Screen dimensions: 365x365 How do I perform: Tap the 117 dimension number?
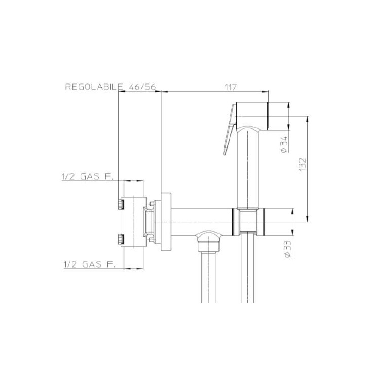point(231,87)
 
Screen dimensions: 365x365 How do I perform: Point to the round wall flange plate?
point(166,223)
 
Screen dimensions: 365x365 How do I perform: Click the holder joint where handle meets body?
point(248,223)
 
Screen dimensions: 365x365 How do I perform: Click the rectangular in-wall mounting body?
point(134,222)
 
